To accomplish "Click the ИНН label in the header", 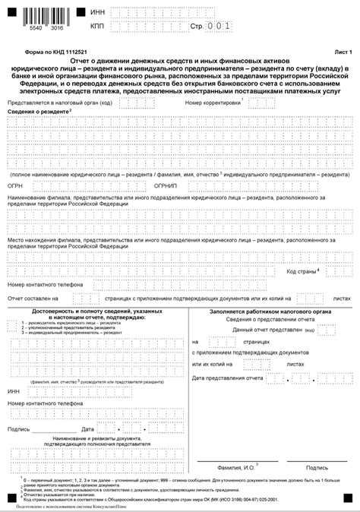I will pyautogui.click(x=96, y=12).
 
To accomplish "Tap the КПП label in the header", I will pyautogui.click(x=96, y=27).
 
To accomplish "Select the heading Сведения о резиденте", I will pyautogui.click(x=38, y=111).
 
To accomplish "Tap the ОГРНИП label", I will pyautogui.click(x=165, y=185).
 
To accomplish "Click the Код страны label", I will pyautogui.click(x=302, y=270).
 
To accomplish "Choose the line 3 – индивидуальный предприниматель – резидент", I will pyautogui.click(x=72, y=333).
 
